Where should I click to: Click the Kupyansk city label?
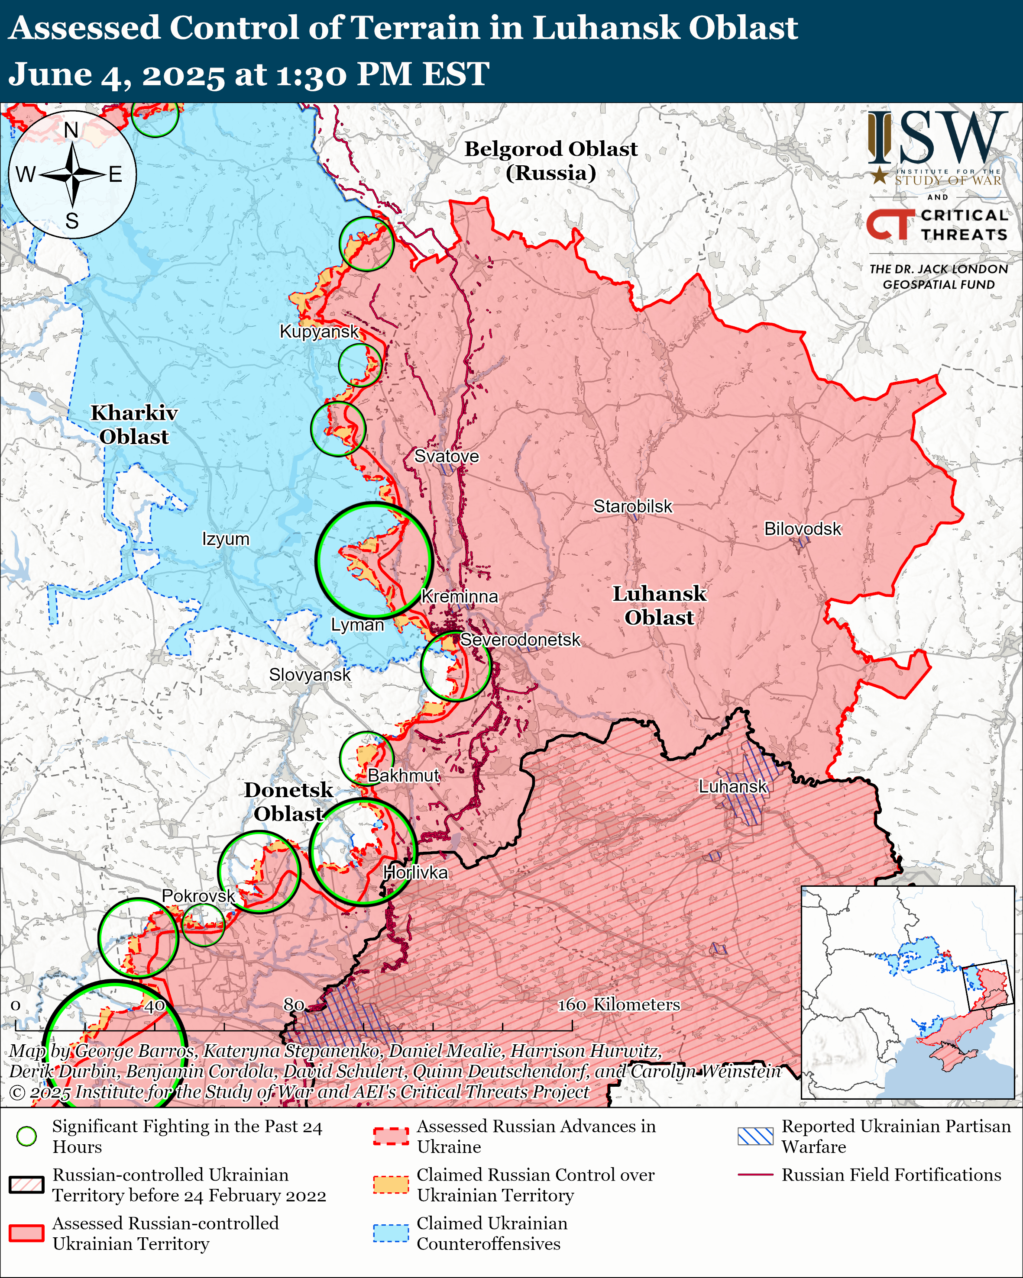coord(319,332)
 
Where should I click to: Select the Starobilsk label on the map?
coord(633,506)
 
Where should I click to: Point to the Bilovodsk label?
coord(803,529)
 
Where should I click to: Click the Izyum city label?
coord(225,539)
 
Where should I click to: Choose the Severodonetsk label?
coord(520,640)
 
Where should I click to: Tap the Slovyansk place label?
coord(310,675)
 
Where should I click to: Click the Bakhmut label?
coord(403,776)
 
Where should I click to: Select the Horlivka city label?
coord(415,872)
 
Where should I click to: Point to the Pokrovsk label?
coord(198,896)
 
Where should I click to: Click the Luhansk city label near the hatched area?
coord(732,787)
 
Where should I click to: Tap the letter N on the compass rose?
coord(71,130)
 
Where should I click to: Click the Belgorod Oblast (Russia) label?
coord(550,161)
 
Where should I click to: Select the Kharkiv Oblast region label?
coord(134,425)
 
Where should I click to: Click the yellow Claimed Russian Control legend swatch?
coord(391,1185)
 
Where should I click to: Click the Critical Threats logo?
coord(937,225)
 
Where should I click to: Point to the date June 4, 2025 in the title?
coord(116,75)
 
